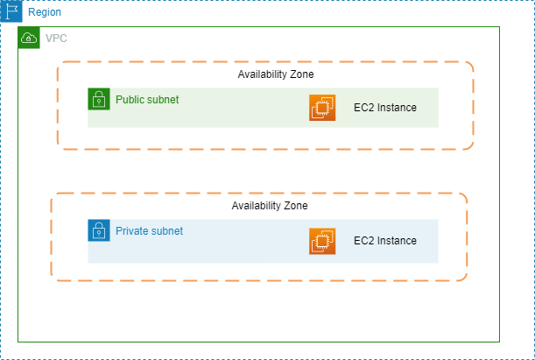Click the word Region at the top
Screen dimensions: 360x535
45,13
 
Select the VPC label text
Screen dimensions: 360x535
56,39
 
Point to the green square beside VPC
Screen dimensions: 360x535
29,38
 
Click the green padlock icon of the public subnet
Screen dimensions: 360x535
98,99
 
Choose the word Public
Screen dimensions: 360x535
130,100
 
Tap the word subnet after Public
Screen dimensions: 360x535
164,100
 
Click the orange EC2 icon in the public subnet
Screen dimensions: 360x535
322,108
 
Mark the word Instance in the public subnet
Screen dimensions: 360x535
397,109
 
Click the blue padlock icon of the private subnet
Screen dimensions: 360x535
98,230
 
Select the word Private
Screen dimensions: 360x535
132,231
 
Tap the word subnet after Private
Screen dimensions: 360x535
167,231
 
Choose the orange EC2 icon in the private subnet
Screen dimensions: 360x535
322,241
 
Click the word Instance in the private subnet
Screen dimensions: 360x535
397,241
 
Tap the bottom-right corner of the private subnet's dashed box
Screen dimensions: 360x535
465,279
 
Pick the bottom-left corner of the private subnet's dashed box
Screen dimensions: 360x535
52,279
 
